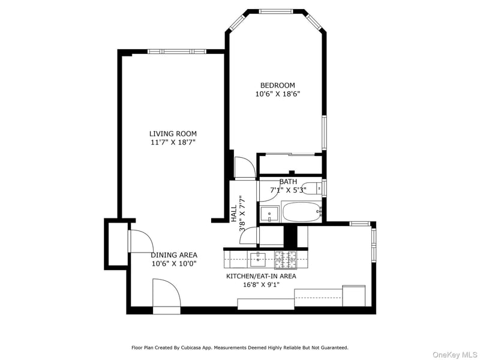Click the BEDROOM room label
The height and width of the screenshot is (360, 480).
point(277,85)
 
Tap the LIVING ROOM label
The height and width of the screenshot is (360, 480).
point(173,134)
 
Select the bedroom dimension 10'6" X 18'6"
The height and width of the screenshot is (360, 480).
point(277,94)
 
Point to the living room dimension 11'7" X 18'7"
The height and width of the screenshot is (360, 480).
point(173,142)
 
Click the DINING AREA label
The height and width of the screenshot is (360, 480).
point(174,255)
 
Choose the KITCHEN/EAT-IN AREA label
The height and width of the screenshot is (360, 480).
point(261,276)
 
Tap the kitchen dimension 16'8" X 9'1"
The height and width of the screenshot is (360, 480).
point(261,284)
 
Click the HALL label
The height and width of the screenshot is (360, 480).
point(233,214)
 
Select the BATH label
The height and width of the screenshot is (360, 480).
point(288,182)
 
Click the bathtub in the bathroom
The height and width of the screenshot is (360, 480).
point(302,212)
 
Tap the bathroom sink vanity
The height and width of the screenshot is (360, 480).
point(269,214)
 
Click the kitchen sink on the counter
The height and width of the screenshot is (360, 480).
point(259,259)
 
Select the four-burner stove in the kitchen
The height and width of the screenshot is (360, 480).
point(286,259)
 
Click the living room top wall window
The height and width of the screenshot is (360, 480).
point(176,52)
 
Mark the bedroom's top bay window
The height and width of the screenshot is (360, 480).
point(276,11)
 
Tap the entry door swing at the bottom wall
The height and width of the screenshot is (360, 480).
point(166,296)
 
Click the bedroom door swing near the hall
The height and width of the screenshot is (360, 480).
point(245,167)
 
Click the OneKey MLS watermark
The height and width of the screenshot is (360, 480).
point(455,355)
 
